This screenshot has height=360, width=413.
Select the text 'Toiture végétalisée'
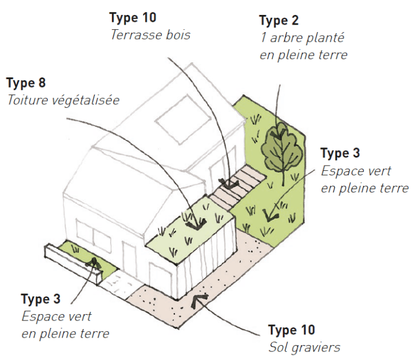tap(63, 100)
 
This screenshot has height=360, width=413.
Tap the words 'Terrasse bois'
tap(150, 35)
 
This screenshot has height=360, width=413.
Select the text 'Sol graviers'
tap(304, 347)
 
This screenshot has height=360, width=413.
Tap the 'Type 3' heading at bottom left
tap(41, 299)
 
